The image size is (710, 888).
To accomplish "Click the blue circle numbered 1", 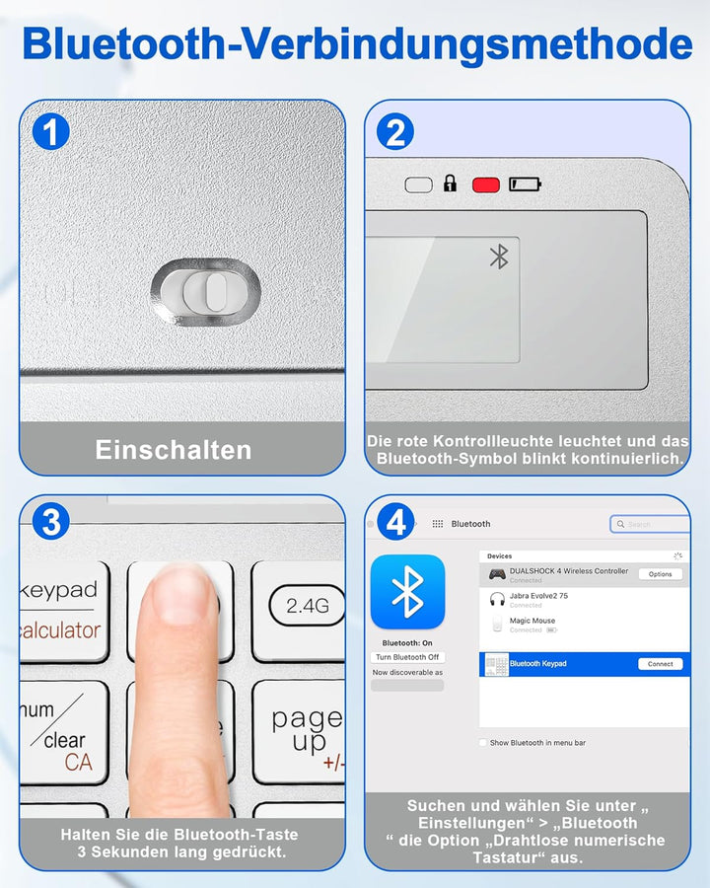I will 49,132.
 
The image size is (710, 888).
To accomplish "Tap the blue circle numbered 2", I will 394,132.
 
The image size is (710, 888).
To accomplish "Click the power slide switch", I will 206,291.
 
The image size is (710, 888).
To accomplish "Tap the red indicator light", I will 486,185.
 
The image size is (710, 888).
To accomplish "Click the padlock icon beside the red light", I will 451,184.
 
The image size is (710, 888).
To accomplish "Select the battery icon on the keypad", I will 526,185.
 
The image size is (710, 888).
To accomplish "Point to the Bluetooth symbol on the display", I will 499,257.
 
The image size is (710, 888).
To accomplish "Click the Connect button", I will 660,664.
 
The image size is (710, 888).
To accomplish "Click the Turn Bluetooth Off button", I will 407,657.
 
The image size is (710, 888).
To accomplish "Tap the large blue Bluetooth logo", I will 407,592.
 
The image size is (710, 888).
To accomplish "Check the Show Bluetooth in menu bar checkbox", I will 482,743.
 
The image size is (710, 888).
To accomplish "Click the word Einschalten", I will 174,450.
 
